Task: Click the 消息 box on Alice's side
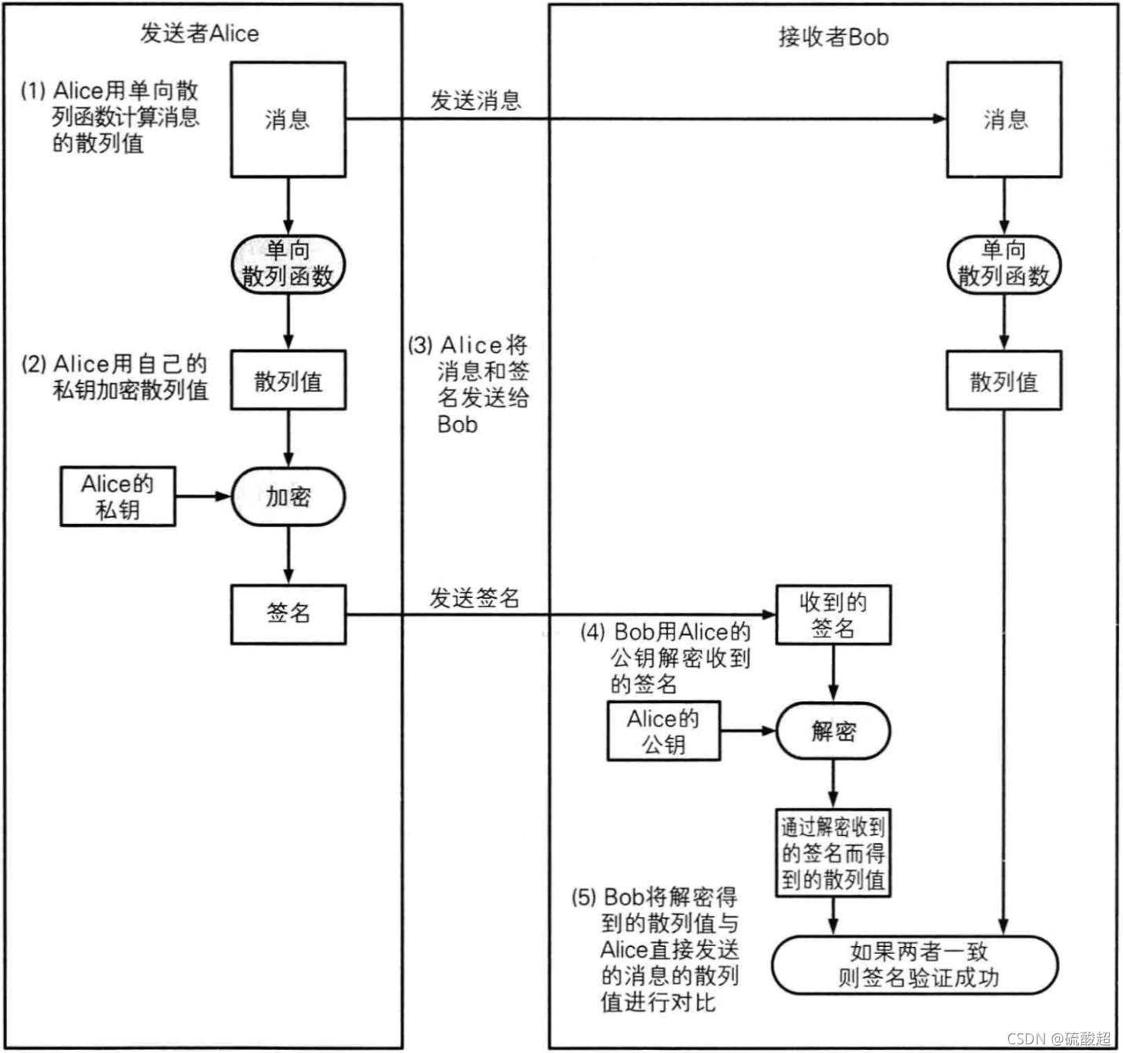(288, 119)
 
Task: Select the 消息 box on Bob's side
(1004, 119)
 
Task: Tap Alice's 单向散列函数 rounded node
(288, 264)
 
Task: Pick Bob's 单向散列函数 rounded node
(1004, 264)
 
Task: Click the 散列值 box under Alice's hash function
(288, 380)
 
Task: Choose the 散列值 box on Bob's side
(1004, 381)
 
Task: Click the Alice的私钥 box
(117, 497)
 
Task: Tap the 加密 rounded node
(288, 497)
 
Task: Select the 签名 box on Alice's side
(288, 614)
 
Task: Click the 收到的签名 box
(833, 615)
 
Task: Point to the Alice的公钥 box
(663, 731)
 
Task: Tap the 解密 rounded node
(833, 731)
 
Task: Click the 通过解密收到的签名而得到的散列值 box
(833, 853)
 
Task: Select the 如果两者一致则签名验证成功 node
(916, 965)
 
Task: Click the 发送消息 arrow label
(475, 101)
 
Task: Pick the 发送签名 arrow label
(474, 598)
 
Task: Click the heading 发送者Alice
(200, 34)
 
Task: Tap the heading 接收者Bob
(833, 37)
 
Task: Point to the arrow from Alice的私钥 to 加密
(202, 497)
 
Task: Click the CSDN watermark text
(1058, 1038)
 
